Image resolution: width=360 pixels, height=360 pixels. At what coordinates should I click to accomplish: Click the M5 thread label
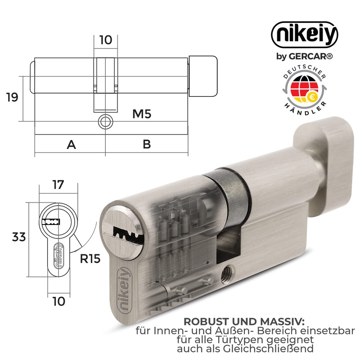point(142,114)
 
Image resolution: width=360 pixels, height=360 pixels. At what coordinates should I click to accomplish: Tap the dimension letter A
point(71,144)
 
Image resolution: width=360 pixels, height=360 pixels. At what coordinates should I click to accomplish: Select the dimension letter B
point(147,144)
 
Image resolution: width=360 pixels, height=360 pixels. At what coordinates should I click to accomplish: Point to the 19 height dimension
point(12,97)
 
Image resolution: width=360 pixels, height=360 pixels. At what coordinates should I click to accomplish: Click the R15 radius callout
point(90,259)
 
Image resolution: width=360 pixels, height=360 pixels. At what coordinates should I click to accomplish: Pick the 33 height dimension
point(19,237)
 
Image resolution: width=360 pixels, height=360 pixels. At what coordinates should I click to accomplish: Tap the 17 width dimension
point(58,185)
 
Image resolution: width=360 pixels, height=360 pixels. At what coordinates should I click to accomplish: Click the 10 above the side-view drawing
point(106,40)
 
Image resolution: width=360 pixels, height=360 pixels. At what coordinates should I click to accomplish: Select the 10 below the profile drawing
point(59,301)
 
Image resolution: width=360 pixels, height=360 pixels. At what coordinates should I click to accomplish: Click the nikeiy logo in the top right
point(305,35)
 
